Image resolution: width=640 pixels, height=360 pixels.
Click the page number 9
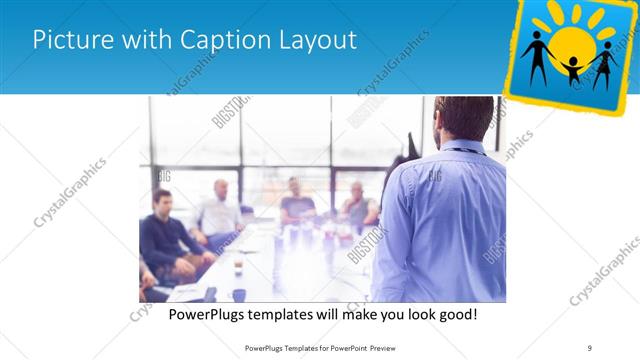pos(590,347)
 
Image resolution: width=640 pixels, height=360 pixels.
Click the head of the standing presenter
pos(463,117)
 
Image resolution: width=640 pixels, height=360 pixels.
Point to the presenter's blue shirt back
pos(440,220)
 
